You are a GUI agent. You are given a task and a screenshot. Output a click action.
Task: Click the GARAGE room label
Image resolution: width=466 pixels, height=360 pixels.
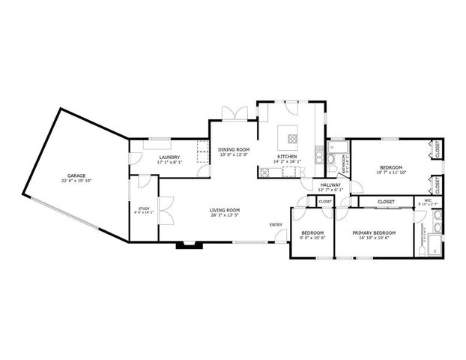[x=76, y=175]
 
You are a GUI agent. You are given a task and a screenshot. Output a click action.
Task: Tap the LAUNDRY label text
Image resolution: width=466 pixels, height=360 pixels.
[x=169, y=157]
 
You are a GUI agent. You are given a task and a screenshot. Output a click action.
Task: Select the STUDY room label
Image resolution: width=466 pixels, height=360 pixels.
[x=144, y=208]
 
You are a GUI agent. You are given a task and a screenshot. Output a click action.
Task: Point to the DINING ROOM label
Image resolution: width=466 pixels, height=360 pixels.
[x=232, y=150]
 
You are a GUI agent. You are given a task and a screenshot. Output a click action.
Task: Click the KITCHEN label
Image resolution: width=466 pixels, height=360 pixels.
[x=287, y=156]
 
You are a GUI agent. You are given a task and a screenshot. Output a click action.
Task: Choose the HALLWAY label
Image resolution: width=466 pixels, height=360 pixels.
[x=330, y=184]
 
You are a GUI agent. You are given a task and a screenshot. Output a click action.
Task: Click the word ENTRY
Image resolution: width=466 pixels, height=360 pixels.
[x=276, y=223]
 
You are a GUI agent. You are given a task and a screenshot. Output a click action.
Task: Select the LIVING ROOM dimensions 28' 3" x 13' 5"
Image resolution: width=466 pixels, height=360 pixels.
[x=224, y=215]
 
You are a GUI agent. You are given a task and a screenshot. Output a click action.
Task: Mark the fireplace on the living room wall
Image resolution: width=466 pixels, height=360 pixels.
[x=184, y=244]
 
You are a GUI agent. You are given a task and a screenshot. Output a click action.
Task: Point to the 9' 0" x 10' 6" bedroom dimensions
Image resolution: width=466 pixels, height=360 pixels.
[x=312, y=238]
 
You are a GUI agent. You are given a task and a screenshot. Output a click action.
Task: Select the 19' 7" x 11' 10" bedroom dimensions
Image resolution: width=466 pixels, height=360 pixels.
[x=390, y=172]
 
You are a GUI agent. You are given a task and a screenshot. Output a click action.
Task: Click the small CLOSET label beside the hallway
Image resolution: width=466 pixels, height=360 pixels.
[x=325, y=201]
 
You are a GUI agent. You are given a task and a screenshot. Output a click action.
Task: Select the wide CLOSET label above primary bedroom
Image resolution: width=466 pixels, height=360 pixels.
[x=386, y=201]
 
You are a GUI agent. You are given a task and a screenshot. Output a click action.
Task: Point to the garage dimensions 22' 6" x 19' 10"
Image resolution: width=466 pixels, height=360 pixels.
[x=76, y=181]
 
